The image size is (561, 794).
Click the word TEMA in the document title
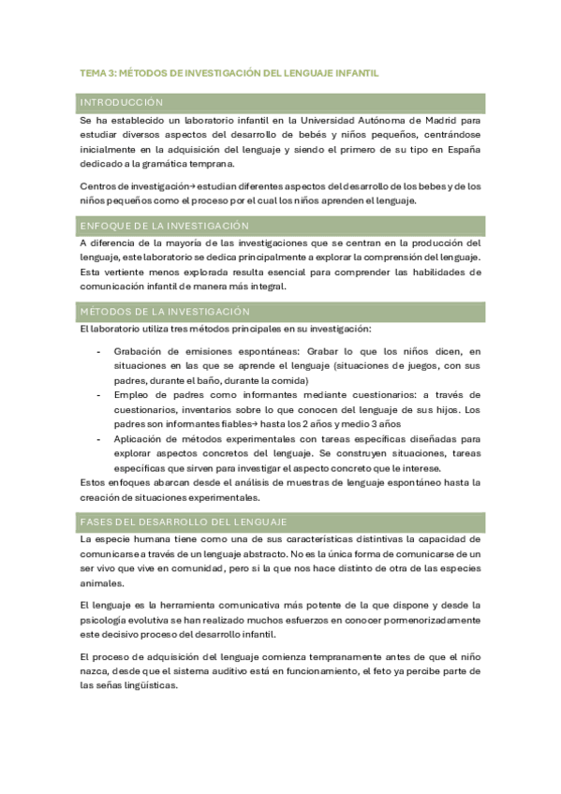coord(93,72)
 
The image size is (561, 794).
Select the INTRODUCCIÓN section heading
coord(122,102)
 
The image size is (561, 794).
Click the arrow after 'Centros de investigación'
coord(183,185)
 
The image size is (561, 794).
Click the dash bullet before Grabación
coord(99,350)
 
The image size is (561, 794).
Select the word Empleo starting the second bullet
coord(132,394)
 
